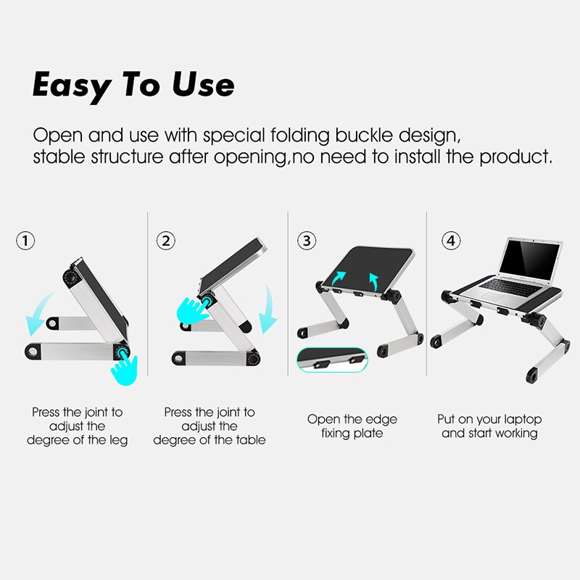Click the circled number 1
pyautogui.click(x=25, y=241)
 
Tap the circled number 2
pyautogui.click(x=167, y=241)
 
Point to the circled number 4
pyautogui.click(x=451, y=241)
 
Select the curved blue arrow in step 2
pyautogui.click(x=268, y=307)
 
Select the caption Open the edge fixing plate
pyautogui.click(x=352, y=426)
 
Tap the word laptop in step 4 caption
pyautogui.click(x=521, y=419)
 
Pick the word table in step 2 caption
pyautogui.click(x=250, y=439)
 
